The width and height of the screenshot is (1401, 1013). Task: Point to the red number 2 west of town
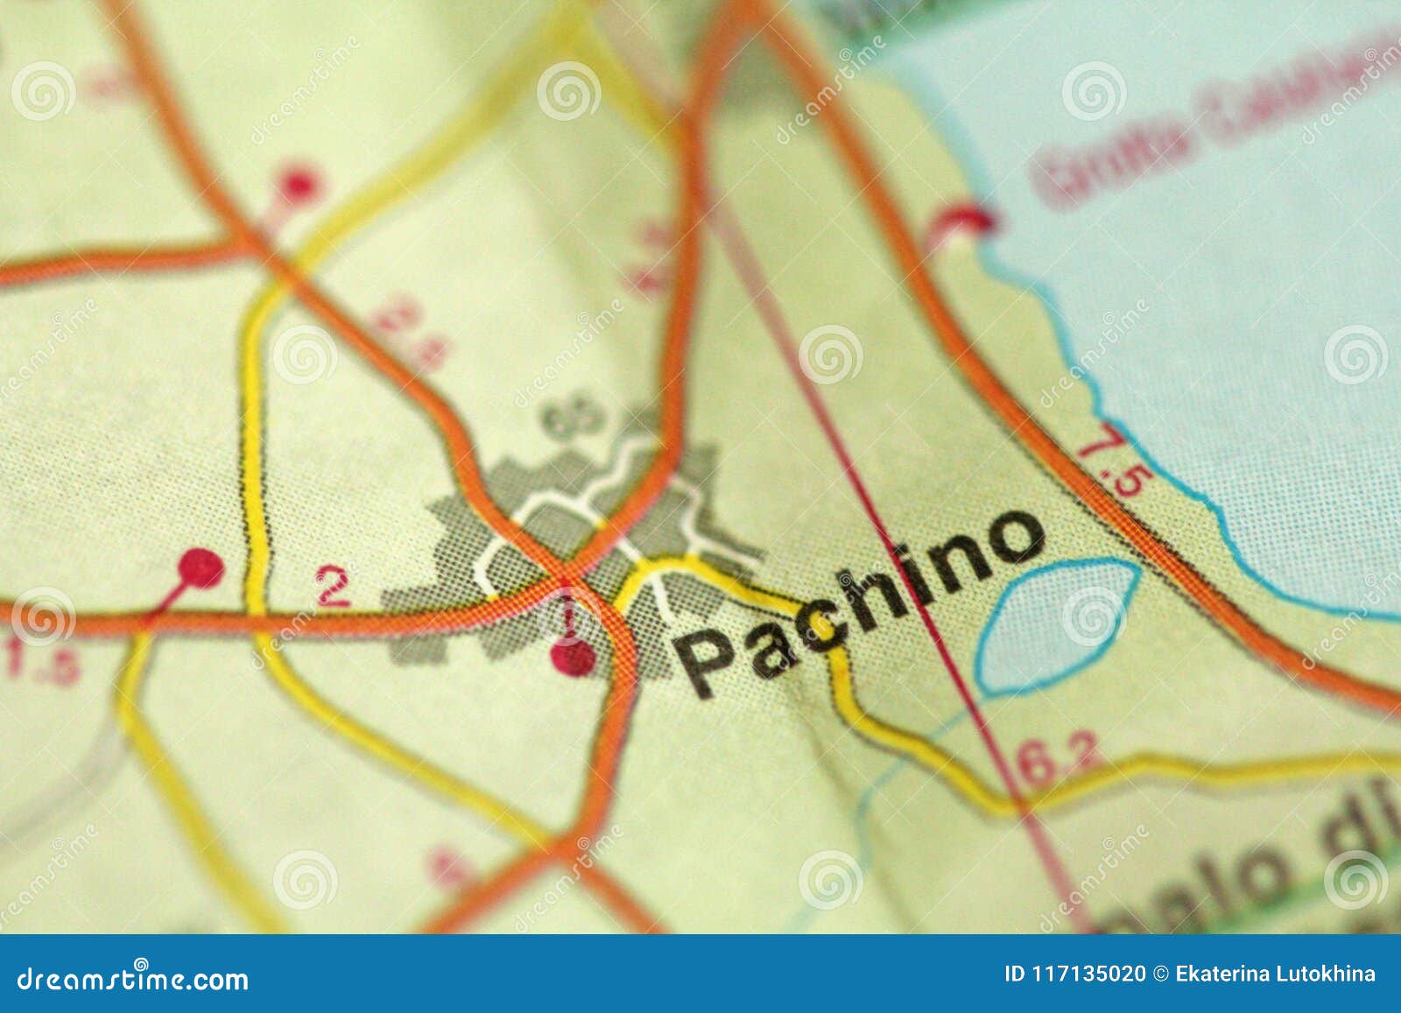click(334, 587)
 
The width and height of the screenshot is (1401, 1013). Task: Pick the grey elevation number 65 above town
click(574, 418)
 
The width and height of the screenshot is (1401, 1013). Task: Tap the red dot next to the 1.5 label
click(201, 569)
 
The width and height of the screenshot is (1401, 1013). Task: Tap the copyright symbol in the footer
click(1162, 974)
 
